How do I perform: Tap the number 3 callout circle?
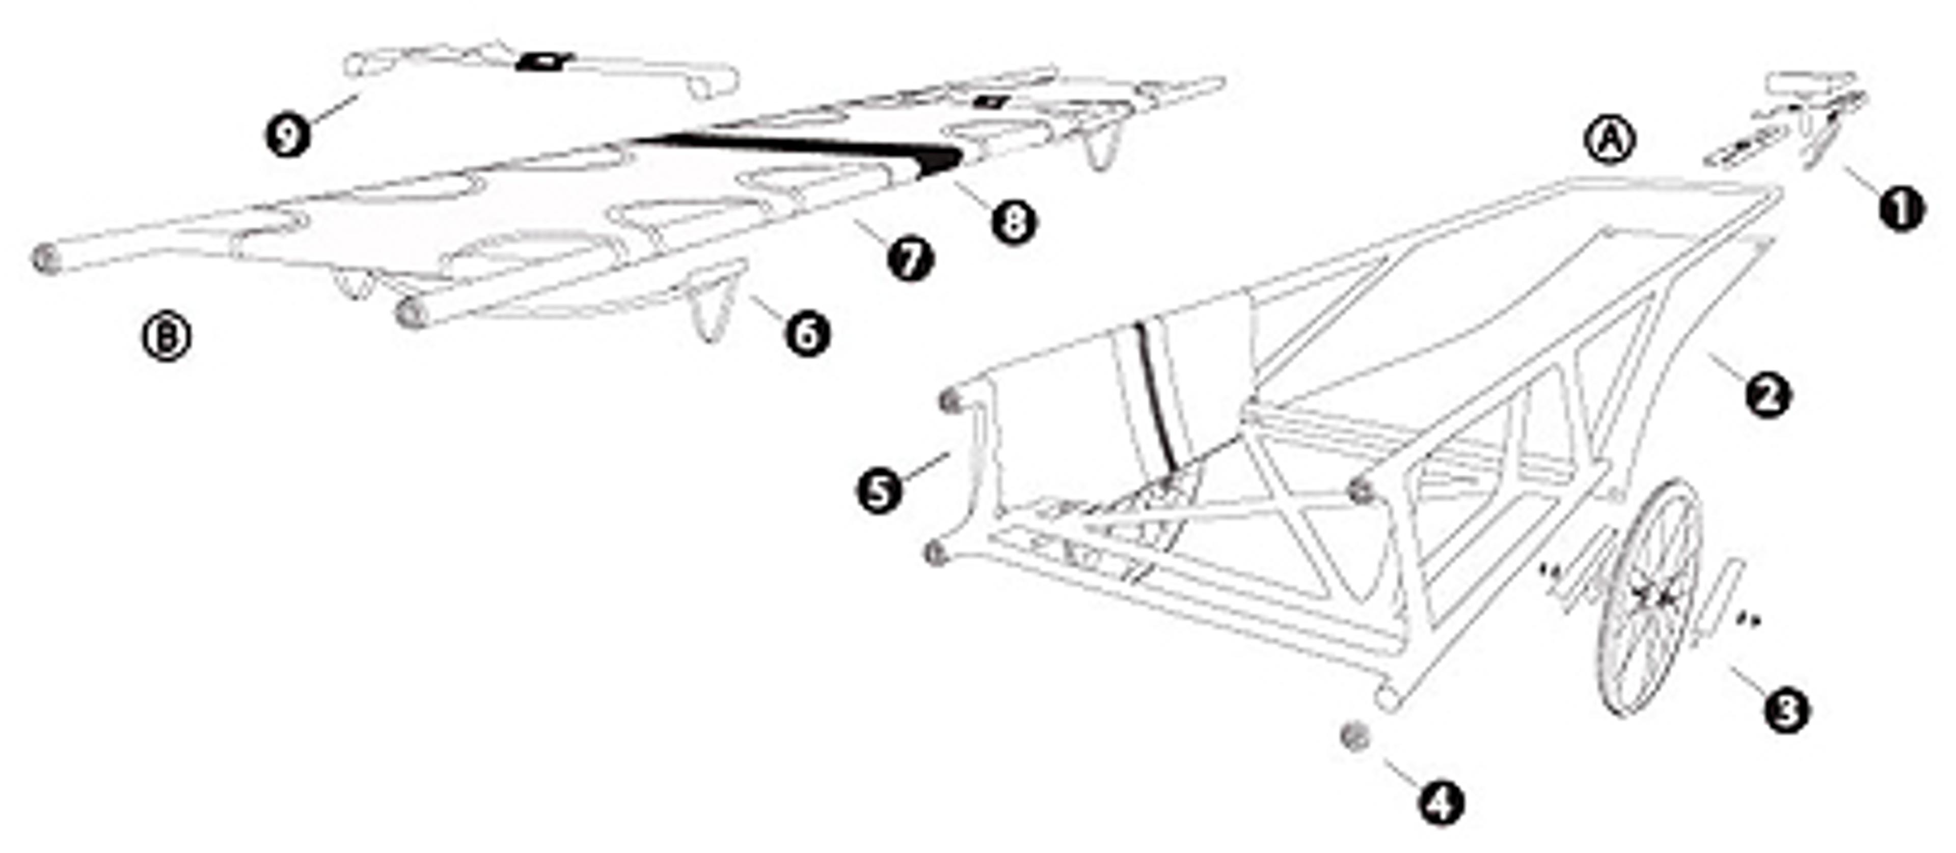point(1786,711)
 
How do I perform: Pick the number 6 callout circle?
point(807,334)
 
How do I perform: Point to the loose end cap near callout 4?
point(1354,737)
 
